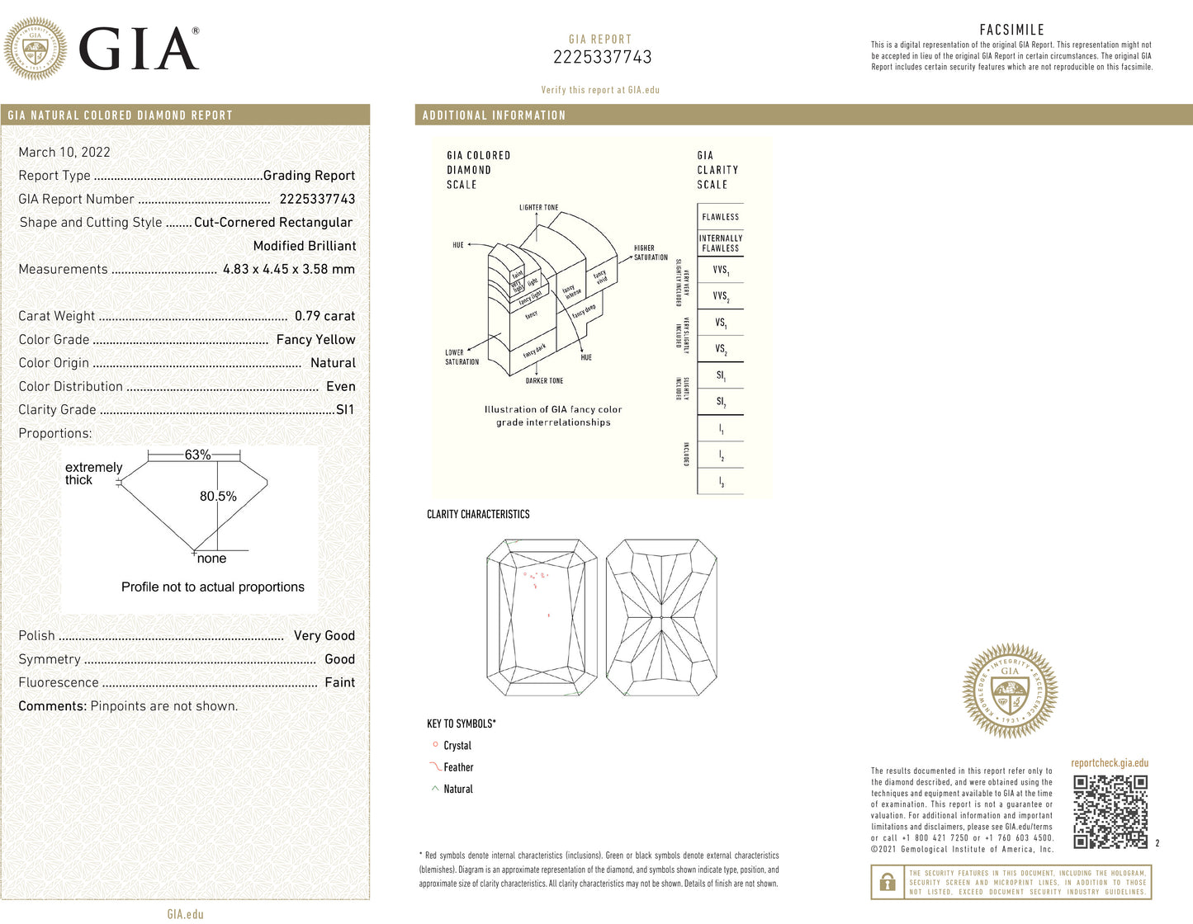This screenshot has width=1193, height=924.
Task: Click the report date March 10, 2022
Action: click(x=64, y=152)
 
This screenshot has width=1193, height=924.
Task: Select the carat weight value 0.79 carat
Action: click(x=324, y=316)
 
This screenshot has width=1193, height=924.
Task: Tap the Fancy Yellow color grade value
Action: click(x=315, y=339)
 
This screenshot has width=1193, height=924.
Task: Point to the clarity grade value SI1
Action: click(x=345, y=409)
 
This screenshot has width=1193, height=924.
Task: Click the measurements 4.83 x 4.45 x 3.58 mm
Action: click(x=289, y=269)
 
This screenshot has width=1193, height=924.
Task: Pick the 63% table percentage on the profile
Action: click(x=197, y=455)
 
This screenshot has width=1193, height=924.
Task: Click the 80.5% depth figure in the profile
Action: click(x=218, y=496)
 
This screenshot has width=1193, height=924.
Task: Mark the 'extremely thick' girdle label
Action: click(x=93, y=474)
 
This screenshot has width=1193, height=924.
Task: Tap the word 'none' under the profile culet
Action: click(x=211, y=559)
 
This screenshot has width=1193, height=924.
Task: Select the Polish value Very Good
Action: click(x=324, y=635)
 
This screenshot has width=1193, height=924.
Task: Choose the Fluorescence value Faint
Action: click(x=339, y=682)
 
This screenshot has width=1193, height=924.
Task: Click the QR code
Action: click(x=1110, y=812)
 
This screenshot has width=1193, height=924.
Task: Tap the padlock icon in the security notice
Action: click(x=888, y=882)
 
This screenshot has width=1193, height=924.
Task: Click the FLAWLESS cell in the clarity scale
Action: click(x=721, y=217)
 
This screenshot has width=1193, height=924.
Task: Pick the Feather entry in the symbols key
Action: click(x=458, y=767)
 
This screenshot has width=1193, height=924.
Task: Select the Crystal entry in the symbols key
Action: click(x=457, y=746)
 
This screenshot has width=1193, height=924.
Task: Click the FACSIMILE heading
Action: click(x=1011, y=30)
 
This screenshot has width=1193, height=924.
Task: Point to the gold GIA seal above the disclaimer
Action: click(x=1010, y=691)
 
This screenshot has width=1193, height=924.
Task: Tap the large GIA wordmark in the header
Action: click(x=139, y=49)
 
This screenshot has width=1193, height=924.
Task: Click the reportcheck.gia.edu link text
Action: click(x=1110, y=763)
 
